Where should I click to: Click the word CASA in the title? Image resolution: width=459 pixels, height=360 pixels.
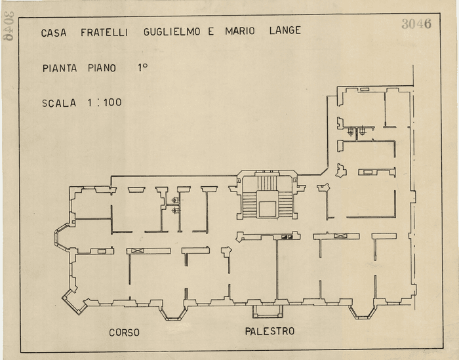coord(54,32)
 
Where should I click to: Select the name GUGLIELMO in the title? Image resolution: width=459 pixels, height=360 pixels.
coord(173,31)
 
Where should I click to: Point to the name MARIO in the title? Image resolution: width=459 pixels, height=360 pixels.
coord(240,31)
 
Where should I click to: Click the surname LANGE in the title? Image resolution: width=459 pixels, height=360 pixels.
coord(285,31)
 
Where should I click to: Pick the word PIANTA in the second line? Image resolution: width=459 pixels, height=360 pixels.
coord(60,68)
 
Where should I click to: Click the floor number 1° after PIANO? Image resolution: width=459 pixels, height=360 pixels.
coord(142,67)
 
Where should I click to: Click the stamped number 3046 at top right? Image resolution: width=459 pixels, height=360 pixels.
coord(416,24)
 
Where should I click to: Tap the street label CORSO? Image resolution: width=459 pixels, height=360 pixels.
coord(124,332)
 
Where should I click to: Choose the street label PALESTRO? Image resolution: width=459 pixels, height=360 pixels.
coord(269,331)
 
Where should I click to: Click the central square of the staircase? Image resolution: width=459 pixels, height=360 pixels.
coord(267,209)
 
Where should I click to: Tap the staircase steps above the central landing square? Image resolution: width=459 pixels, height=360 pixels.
coord(267,184)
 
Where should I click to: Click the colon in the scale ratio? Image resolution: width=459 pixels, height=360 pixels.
coord(97,102)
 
